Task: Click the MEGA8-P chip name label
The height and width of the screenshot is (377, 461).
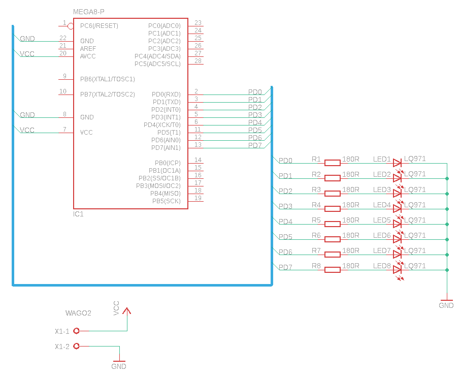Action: pos(89,12)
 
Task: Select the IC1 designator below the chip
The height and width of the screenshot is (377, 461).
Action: pos(79,214)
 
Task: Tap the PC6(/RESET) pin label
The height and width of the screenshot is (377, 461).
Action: pos(99,26)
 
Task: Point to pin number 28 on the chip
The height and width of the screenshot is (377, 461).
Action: pos(198,61)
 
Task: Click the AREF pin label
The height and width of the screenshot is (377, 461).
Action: pos(88,49)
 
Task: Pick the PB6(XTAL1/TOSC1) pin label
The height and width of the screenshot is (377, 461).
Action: pos(107,79)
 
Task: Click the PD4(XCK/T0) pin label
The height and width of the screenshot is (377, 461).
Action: pos(162,125)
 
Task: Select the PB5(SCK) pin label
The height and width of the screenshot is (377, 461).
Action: pos(166,201)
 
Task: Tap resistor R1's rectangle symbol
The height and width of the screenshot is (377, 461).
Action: pos(333,163)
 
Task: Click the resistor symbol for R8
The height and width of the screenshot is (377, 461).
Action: pos(333,270)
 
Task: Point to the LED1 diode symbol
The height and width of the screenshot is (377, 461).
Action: pos(397,163)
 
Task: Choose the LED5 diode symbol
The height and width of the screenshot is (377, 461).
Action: pos(397,224)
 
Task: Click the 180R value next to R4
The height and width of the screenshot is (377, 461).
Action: pos(351,205)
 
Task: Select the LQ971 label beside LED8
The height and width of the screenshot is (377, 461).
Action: pos(415,266)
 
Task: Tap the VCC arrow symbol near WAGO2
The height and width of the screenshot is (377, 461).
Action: pos(127,310)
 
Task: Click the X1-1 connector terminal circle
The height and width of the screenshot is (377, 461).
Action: pos(77,331)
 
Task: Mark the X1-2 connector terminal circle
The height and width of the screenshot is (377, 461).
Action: pos(77,346)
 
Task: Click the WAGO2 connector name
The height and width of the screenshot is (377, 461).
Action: pos(78,313)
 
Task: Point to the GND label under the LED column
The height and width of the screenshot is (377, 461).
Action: pos(446,306)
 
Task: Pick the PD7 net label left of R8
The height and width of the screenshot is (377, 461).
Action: pos(285,267)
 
